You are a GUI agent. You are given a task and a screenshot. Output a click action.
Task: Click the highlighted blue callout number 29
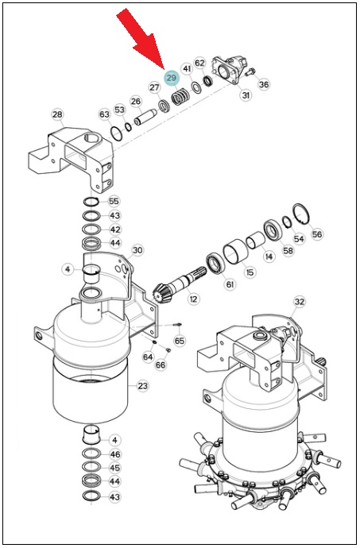172,78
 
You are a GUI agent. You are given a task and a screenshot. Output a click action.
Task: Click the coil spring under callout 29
180,98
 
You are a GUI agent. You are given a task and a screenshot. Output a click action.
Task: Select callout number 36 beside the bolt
264,84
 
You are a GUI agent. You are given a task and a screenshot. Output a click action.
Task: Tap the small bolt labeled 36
249,72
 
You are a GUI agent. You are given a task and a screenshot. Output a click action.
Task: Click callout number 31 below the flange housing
246,95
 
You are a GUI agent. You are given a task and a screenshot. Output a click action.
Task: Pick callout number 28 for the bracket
57,114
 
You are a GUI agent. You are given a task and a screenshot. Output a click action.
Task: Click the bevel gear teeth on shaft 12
161,294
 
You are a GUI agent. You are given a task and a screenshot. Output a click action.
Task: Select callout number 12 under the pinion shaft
193,299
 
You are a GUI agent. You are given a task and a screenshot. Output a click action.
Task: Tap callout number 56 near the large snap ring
317,233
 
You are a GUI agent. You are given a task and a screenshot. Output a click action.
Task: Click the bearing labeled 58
272,230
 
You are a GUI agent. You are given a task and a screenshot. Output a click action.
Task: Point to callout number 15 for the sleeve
250,272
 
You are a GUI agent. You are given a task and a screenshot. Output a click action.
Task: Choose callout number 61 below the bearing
230,284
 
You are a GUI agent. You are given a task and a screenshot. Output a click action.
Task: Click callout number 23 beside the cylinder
142,386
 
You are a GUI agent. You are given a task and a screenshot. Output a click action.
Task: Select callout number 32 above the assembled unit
299,302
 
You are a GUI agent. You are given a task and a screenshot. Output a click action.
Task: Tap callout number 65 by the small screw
180,340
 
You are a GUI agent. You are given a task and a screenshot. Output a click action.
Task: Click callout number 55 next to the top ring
114,201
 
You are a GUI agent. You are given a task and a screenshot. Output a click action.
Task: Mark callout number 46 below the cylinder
114,454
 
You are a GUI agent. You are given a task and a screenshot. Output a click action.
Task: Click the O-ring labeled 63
116,134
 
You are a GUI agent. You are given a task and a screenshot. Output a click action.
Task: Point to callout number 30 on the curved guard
137,250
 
